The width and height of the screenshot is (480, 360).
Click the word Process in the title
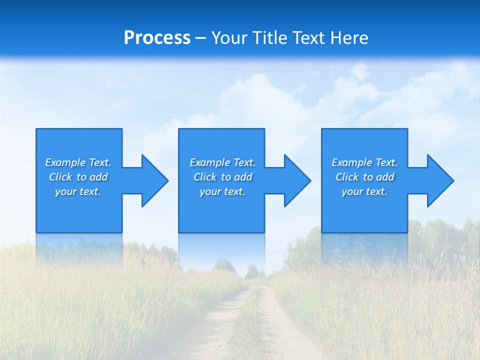click(157, 38)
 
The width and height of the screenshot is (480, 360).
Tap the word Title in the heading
click(270, 38)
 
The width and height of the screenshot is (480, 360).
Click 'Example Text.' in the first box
click(78, 162)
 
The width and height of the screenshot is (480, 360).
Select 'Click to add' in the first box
click(78, 177)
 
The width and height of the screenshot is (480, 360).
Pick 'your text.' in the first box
click(78, 191)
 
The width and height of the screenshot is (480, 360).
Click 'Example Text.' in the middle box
click(222, 162)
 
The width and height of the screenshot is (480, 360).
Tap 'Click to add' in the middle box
click(222, 177)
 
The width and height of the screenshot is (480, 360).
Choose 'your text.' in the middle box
click(222, 191)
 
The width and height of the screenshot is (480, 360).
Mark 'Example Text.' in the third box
click(364, 162)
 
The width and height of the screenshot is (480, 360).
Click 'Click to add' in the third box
click(364, 177)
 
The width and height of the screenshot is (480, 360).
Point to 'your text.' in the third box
click(364, 191)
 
